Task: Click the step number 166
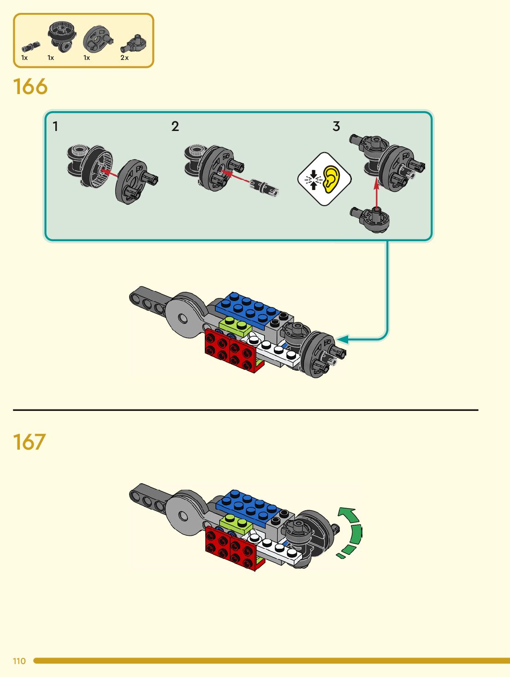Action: (x=30, y=87)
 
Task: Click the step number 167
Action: (x=30, y=442)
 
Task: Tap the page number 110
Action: (x=19, y=661)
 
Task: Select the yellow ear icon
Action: (x=331, y=179)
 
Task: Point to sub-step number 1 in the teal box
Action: (x=55, y=126)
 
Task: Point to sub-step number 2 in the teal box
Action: (x=175, y=126)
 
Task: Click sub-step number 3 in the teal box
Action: (x=336, y=126)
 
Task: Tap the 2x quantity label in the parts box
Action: (x=125, y=58)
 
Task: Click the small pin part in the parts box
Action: (x=30, y=47)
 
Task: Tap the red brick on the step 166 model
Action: (x=231, y=352)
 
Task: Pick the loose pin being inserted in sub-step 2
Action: (x=264, y=187)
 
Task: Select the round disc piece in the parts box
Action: (x=97, y=39)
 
